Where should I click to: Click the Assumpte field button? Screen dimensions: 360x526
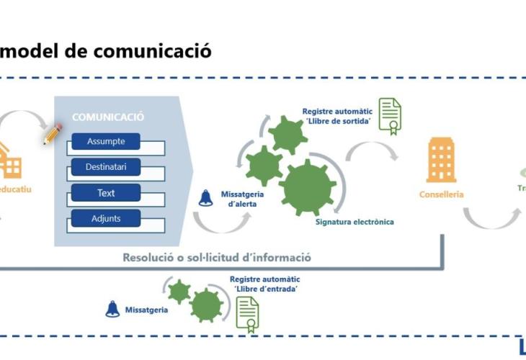pos(106,142)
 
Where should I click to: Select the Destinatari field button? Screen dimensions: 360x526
pos(106,168)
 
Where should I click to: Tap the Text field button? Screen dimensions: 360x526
pos(106,193)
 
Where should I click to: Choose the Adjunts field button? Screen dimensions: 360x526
pos(106,218)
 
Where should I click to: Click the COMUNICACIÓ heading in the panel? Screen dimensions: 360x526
pos(108,117)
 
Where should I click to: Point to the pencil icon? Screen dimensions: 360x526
pos(53,134)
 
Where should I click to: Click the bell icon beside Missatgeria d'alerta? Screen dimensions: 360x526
pos(206,197)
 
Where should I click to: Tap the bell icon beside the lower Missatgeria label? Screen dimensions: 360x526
pos(112,309)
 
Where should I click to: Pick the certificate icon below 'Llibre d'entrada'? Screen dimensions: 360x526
pos(248,314)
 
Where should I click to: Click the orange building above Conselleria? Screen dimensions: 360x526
pos(441,160)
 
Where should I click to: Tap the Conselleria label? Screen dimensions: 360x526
pos(441,194)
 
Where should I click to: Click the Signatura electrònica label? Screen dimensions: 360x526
pos(355,222)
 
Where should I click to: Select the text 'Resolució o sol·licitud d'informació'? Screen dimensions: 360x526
pos(217,257)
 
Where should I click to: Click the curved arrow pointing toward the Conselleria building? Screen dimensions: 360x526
pos(372,151)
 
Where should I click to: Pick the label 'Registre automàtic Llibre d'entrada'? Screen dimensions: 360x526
pos(265,284)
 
